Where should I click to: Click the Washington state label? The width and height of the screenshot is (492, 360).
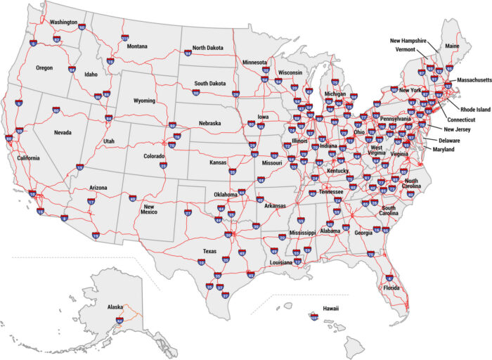63,22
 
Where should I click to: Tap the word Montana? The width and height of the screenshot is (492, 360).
137,46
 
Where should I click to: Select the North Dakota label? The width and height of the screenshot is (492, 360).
207,48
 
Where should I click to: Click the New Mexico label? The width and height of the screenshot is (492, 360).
149,208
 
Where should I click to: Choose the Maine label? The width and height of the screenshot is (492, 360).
453,46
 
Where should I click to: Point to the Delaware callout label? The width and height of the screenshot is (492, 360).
450,141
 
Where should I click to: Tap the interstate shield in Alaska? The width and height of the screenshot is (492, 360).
119,321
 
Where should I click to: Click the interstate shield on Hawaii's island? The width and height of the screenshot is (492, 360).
313,319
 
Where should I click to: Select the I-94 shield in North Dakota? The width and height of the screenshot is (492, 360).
188,53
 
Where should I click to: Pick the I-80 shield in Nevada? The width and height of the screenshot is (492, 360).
56,110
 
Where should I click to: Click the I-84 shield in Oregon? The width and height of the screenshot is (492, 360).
72,70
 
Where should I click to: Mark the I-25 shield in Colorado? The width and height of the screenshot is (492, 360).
163,165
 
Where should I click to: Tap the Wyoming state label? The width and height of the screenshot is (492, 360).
144,101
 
